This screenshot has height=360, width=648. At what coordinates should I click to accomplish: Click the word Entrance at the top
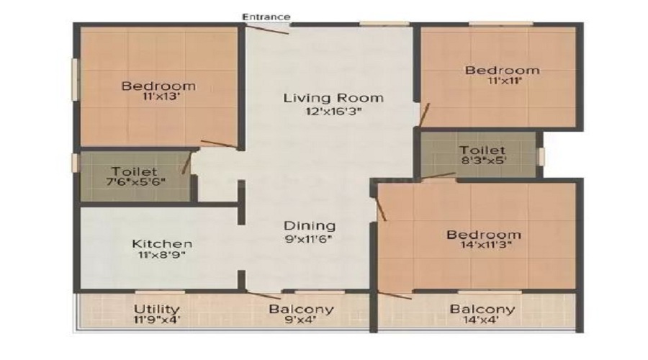click(x=266, y=17)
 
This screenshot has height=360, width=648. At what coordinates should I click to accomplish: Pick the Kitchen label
click(x=162, y=244)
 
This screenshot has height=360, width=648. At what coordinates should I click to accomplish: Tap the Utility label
click(x=157, y=310)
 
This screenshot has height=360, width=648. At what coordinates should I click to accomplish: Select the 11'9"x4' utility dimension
click(x=157, y=322)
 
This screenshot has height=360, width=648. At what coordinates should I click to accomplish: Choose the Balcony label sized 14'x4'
click(x=482, y=310)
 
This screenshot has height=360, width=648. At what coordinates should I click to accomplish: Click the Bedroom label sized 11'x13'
click(x=158, y=86)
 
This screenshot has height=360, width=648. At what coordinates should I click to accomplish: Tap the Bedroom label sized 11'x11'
click(x=502, y=70)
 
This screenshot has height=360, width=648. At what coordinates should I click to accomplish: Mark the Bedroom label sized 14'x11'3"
click(x=483, y=235)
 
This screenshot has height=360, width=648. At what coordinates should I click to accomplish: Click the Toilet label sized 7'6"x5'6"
click(x=134, y=171)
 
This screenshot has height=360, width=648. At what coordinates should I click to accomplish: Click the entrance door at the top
click(x=267, y=29)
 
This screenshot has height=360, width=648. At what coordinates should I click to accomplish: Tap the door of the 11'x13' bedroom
click(x=217, y=144)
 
